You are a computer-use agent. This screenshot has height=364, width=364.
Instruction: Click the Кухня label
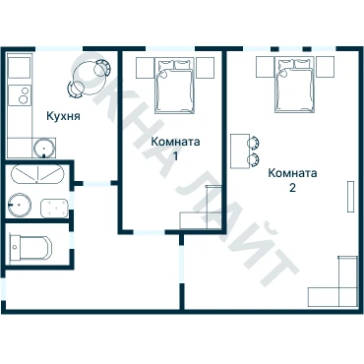pos(63,116)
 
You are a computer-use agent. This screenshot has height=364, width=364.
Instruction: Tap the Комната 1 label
pos(175,149)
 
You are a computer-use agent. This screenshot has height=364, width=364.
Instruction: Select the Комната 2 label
pos(292,180)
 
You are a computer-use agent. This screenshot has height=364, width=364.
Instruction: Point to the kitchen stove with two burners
pos(20,95)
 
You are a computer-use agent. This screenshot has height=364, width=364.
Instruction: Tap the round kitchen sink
pos(43,149)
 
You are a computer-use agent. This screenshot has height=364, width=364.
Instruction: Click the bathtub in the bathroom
pos(36,174)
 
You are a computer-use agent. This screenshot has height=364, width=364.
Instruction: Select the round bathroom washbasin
pos(20,205)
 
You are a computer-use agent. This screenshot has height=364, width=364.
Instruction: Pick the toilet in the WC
pos(30,247)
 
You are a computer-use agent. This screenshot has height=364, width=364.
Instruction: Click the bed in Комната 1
pos(175,86)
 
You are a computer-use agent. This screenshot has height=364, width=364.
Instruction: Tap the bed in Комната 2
pos(295,85)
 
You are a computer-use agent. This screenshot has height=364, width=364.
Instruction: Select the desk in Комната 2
pos(240,151)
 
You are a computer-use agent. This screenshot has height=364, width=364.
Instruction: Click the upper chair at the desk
pos(254,143)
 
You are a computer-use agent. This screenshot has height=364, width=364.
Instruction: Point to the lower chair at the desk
pos(254,159)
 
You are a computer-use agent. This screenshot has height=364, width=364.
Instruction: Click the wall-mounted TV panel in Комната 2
pos(351,196)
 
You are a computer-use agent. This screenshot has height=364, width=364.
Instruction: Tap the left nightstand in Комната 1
pos(145,68)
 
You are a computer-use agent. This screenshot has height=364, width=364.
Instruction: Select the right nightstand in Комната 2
pos(326,67)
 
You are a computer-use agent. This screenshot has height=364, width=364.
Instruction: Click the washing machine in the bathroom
pos(54,209)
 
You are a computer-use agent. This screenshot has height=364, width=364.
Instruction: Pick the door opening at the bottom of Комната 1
pos(149,232)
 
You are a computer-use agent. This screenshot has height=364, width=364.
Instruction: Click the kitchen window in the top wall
pos(59,49)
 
